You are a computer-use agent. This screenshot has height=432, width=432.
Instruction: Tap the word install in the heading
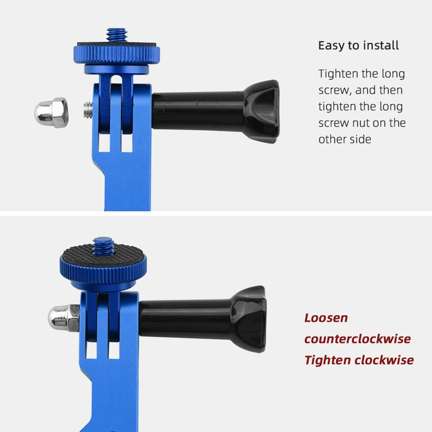[x=381, y=45]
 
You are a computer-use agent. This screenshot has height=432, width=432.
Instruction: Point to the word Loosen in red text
[x=326, y=318]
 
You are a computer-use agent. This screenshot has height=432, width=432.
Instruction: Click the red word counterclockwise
[x=358, y=339]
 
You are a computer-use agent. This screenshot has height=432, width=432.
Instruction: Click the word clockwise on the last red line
[x=384, y=360]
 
